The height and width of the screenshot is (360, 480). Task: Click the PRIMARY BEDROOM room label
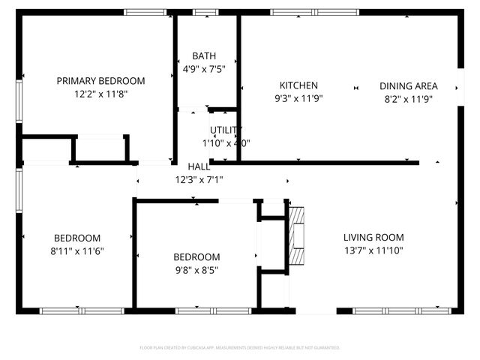click(x=100, y=81)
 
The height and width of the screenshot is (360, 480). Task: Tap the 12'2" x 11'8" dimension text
click(x=100, y=95)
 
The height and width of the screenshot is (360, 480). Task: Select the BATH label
click(x=204, y=56)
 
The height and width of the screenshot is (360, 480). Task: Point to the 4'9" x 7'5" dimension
click(x=204, y=69)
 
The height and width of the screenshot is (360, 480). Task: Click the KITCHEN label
click(x=298, y=85)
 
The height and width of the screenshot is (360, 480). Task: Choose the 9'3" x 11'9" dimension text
click(x=298, y=98)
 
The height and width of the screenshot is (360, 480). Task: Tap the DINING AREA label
click(x=408, y=85)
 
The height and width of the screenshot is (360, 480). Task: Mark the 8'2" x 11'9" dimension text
click(x=408, y=98)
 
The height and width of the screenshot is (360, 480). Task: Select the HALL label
click(x=199, y=166)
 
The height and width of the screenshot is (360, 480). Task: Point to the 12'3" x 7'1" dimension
click(x=199, y=180)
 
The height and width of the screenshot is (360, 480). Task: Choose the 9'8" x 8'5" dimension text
click(x=196, y=270)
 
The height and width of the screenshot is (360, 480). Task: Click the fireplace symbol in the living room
click(x=298, y=235)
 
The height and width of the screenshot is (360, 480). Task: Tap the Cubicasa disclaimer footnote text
click(x=240, y=348)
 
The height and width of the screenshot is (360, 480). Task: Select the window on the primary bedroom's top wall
click(x=145, y=12)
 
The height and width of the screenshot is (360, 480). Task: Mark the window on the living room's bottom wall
click(x=403, y=310)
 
